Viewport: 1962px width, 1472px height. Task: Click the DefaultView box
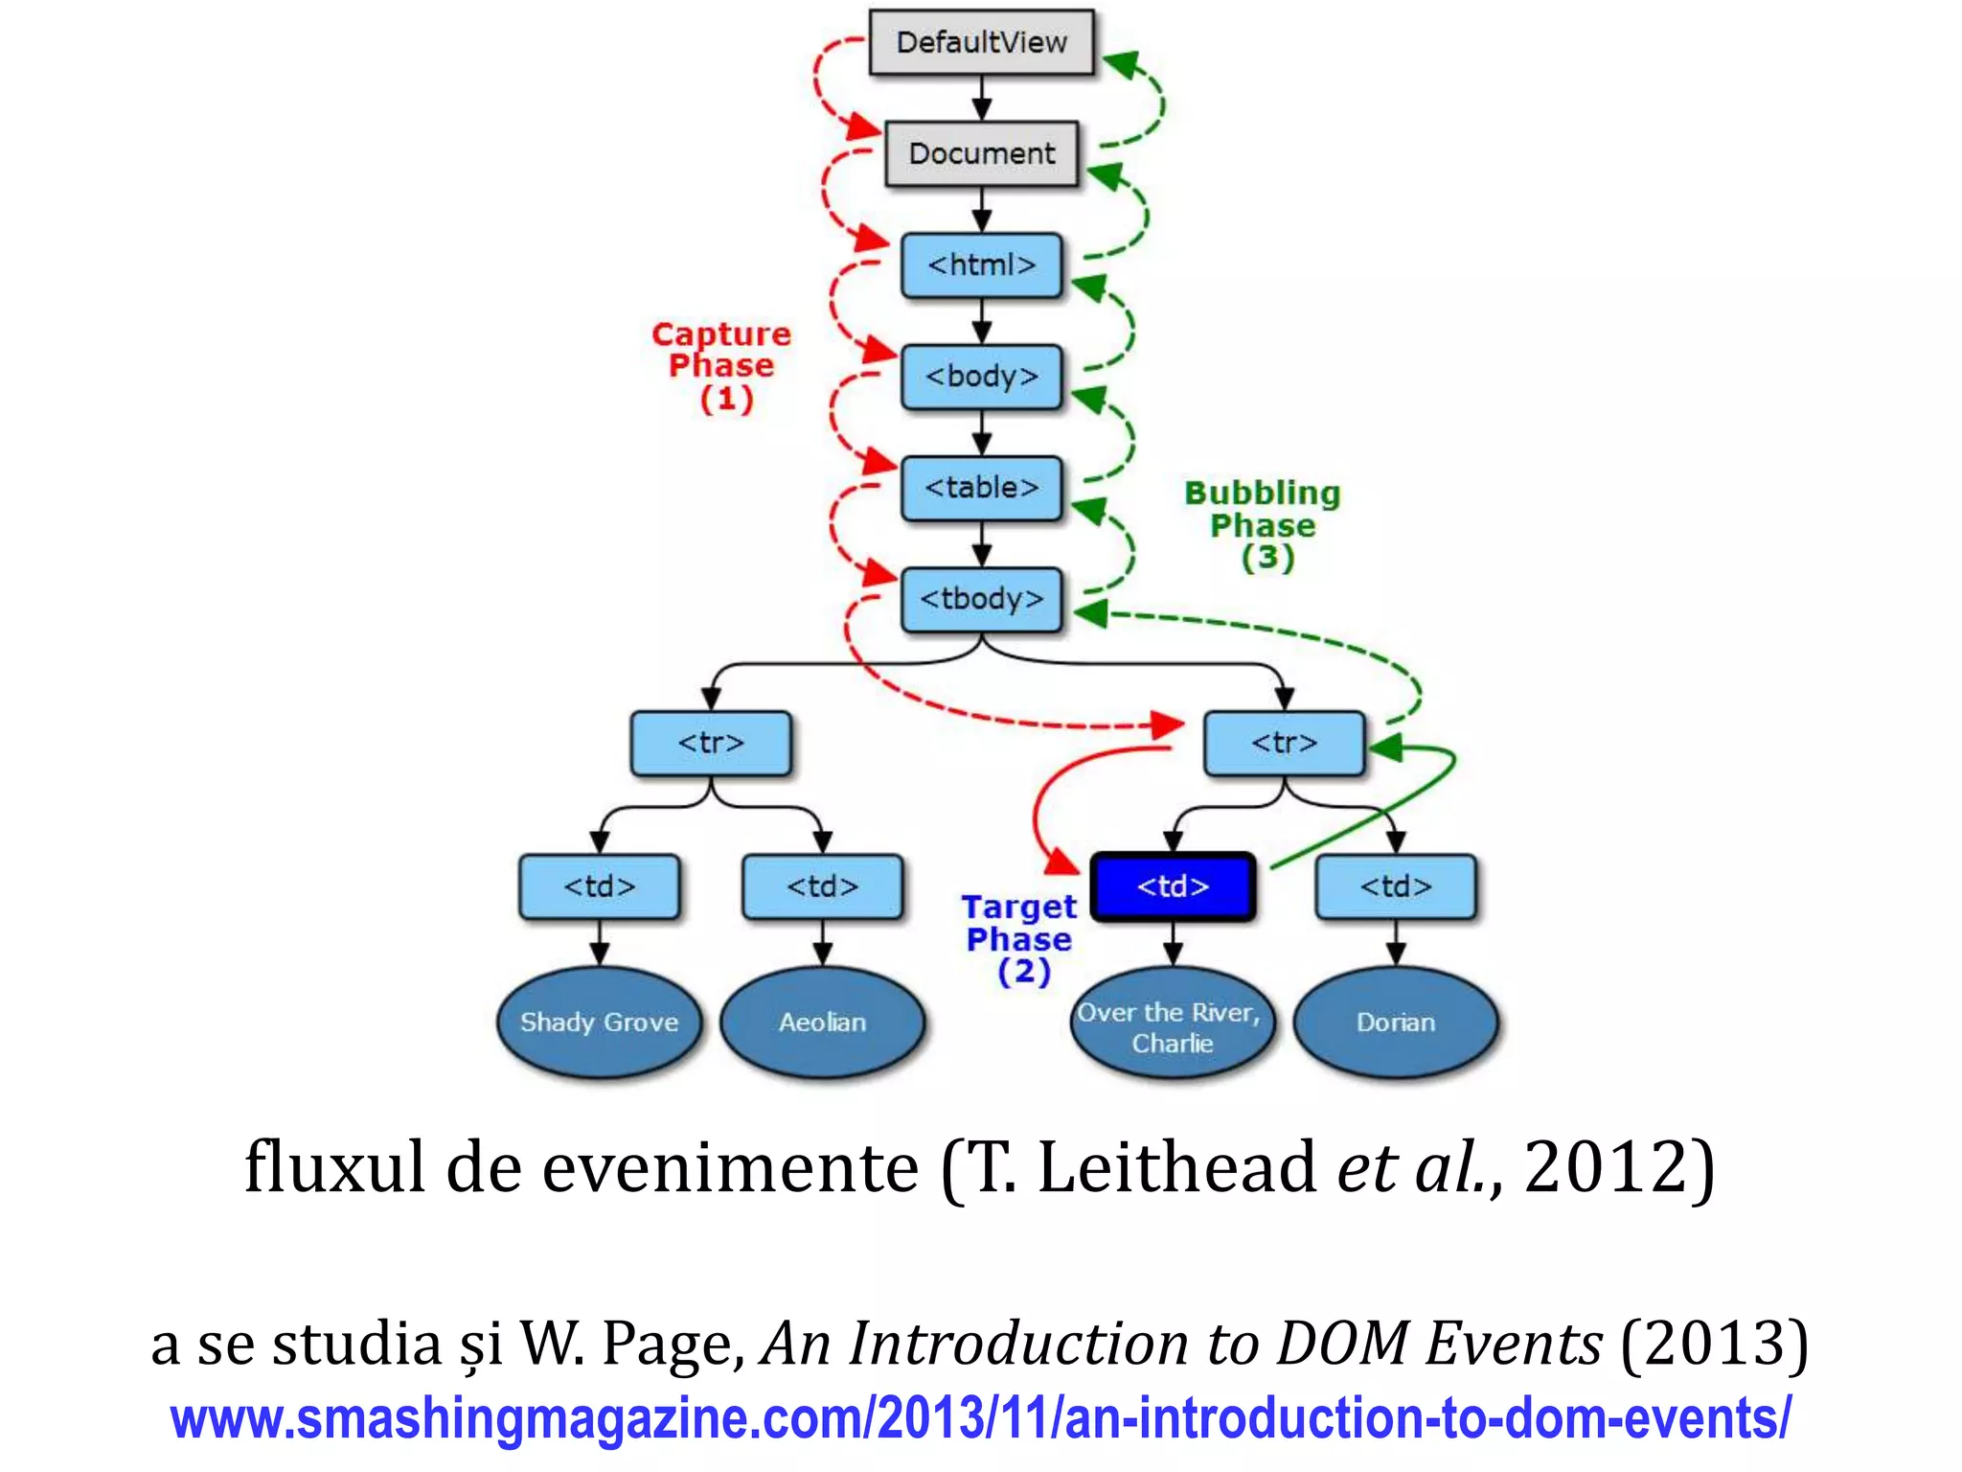click(981, 42)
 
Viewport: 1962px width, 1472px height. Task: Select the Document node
click(981, 153)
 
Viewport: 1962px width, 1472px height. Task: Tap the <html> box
click(981, 264)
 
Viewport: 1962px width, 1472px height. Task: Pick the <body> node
click(981, 377)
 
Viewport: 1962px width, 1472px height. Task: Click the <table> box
click(981, 488)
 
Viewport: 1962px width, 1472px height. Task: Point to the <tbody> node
click(981, 599)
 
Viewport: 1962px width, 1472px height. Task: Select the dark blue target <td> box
click(1173, 886)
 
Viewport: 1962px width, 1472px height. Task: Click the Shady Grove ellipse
click(599, 1023)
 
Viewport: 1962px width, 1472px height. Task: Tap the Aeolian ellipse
click(822, 1023)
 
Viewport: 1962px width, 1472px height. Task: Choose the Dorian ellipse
click(1396, 1023)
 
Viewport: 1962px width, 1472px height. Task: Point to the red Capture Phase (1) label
click(722, 366)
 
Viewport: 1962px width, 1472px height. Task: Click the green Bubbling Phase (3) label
click(1263, 525)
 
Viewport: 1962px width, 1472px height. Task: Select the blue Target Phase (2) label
click(1019, 939)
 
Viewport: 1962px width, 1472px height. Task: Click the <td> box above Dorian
click(1396, 886)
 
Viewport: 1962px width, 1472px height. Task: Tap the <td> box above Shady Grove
click(599, 886)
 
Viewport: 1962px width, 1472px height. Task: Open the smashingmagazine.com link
click(979, 1418)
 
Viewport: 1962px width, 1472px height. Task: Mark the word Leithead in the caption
click(1176, 1168)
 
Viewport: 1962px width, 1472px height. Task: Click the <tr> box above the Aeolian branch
click(711, 743)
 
